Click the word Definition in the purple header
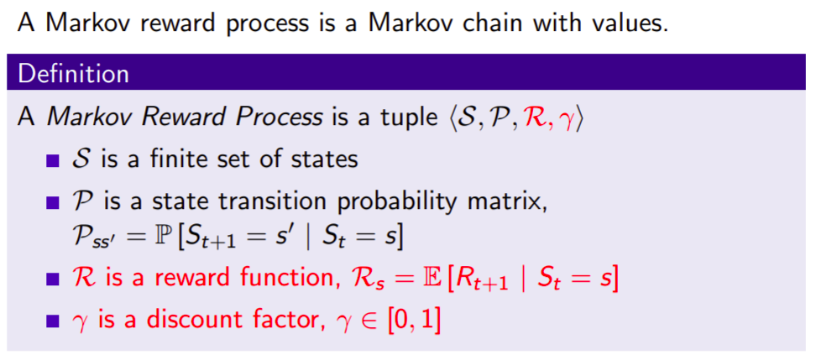(x=73, y=74)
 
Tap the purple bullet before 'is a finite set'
(x=53, y=161)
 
